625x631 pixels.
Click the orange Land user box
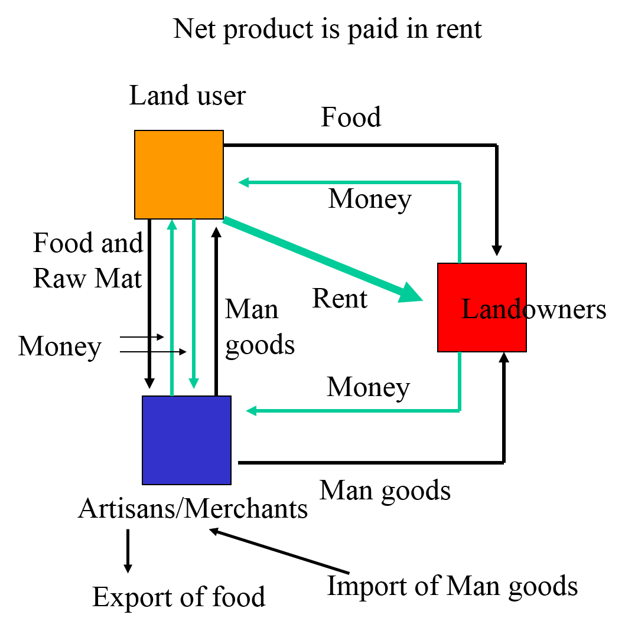(x=178, y=174)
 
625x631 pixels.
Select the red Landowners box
(x=481, y=307)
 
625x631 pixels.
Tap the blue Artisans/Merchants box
(x=186, y=440)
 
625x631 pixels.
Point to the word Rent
(x=340, y=298)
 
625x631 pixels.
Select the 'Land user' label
(x=187, y=95)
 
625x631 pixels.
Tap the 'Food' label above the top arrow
(x=351, y=117)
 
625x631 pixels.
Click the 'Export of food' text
(x=179, y=597)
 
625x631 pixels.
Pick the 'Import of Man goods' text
(x=453, y=586)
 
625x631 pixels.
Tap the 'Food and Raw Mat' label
(x=88, y=260)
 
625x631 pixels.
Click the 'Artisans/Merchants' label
(x=193, y=508)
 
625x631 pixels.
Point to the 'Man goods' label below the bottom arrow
(x=385, y=490)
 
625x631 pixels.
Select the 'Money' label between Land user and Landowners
(x=370, y=198)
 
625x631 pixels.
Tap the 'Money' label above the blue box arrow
(x=369, y=387)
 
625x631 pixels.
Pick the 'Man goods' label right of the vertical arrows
(x=259, y=327)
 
